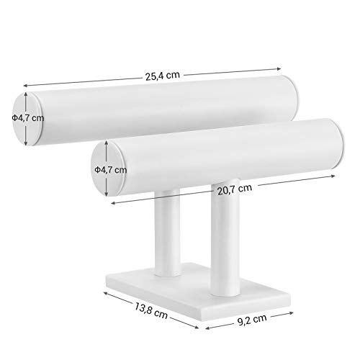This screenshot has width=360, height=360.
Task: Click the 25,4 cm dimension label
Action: (x=162, y=76)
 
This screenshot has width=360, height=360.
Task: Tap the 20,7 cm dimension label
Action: (x=235, y=189)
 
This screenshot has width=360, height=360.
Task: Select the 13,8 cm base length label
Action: (x=150, y=311)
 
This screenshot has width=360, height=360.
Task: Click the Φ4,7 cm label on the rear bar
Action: (x=28, y=118)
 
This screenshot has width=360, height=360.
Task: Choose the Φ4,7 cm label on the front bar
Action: (x=110, y=170)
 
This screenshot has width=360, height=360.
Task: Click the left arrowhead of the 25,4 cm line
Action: (x=25, y=86)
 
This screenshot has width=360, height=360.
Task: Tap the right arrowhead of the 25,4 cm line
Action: (x=279, y=69)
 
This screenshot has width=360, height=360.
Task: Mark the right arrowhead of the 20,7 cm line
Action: (x=333, y=176)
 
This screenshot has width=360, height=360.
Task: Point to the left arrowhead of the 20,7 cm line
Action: (x=113, y=203)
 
